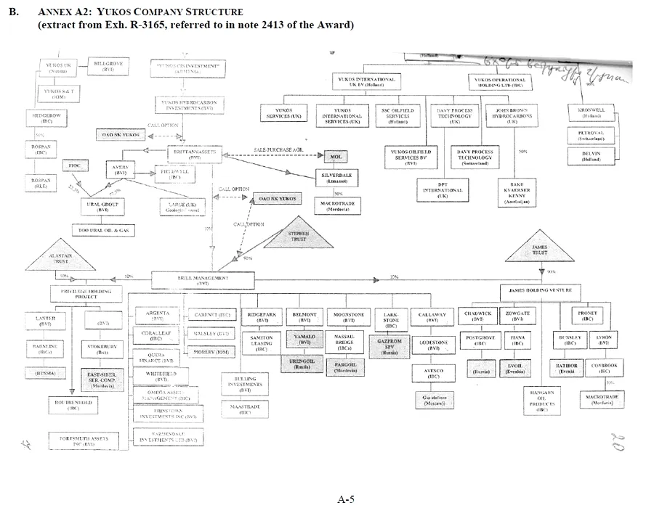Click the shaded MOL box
[336, 157]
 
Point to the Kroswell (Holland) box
[592, 112]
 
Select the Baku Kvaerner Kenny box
[517, 192]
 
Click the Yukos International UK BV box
[366, 82]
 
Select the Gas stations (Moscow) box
[434, 400]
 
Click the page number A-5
[346, 499]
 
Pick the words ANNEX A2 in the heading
[64, 13]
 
